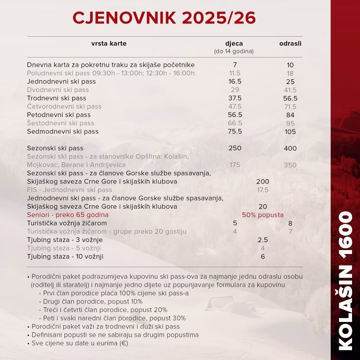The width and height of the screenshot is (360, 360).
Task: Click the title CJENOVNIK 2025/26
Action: (164, 18)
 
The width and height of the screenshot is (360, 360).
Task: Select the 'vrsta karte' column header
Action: (109, 44)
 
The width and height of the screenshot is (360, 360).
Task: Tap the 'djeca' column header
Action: (234, 44)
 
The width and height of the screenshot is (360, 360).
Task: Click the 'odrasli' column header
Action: (290, 44)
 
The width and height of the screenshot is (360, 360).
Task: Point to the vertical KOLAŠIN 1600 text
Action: (345, 280)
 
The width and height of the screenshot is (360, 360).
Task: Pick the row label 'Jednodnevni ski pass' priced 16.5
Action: (62, 82)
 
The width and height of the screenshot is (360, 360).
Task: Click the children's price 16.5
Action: (235, 82)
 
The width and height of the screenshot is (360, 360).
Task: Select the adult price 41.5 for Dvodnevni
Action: (290, 90)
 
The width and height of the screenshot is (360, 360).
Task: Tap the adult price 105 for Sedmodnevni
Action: (290, 132)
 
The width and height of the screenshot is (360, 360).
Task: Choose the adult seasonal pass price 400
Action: (290, 148)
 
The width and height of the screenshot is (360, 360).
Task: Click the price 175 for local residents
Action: (235, 165)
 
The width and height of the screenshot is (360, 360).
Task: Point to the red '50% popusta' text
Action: (262, 215)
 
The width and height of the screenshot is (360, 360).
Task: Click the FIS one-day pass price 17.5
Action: (262, 190)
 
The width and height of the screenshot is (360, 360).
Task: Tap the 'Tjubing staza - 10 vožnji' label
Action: (65, 257)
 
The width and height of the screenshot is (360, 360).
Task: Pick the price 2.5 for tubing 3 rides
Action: (262, 240)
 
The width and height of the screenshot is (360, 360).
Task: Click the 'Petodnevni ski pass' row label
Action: (59, 115)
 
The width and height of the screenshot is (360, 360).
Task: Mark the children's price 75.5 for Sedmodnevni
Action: (235, 131)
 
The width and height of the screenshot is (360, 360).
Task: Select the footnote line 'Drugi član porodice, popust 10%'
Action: (93, 302)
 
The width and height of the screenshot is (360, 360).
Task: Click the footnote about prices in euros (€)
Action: (80, 343)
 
